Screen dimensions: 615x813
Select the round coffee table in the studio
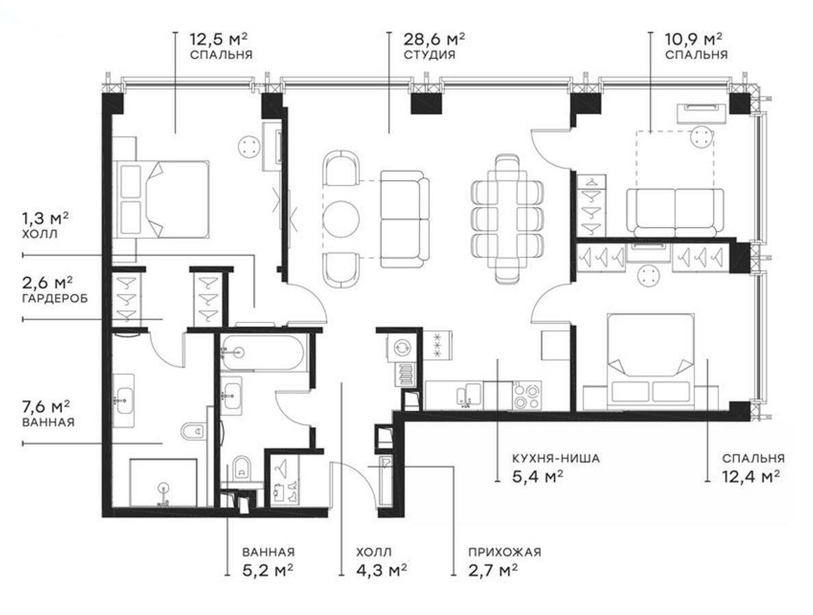[x=341, y=218]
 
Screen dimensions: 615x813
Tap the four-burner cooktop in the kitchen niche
[x=527, y=395]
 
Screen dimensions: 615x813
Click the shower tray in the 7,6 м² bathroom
[x=163, y=482]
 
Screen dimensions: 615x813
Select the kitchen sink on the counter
[x=469, y=394]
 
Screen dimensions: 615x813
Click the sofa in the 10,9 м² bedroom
[x=675, y=211]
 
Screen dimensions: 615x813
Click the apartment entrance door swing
[x=354, y=482]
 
